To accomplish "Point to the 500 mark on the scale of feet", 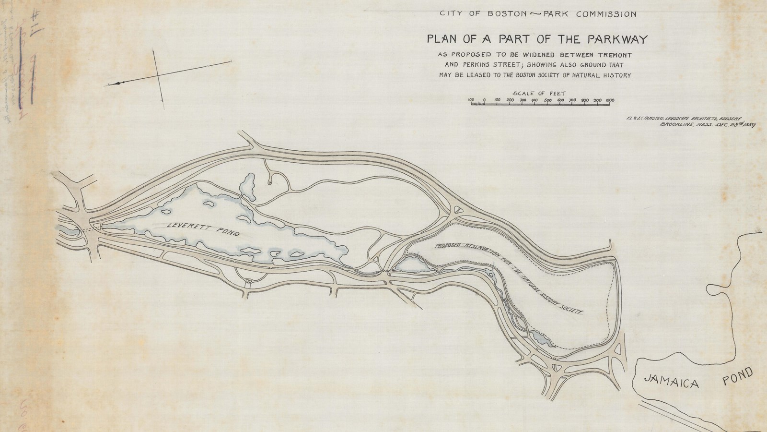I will (x=547, y=100).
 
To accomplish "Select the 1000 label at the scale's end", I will (x=610, y=100).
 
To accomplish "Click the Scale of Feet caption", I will (x=539, y=93).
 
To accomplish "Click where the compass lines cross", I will (x=159, y=75).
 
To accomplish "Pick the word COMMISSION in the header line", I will (x=606, y=14).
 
